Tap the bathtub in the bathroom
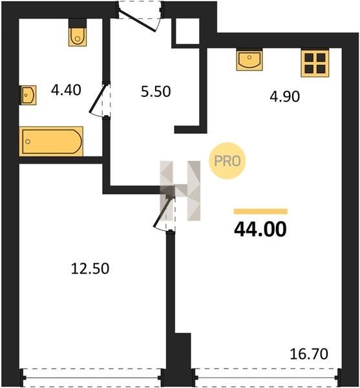point(51,141)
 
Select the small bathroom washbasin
point(28,95)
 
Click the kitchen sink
point(249,59)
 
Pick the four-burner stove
point(315,63)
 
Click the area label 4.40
point(66,90)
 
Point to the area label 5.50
point(156,91)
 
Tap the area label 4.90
point(284,96)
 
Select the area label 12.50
point(90,268)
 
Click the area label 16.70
point(309,354)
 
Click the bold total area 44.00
point(260,230)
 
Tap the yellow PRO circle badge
point(228,161)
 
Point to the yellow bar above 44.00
point(260,211)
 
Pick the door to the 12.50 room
point(162,212)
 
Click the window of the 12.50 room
point(92,378)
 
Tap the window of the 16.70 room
point(267,378)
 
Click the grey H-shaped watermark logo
point(180,191)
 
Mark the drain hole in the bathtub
point(28,141)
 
